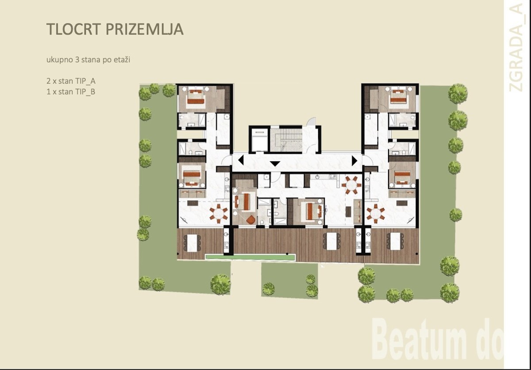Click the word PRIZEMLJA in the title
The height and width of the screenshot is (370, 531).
(145, 29)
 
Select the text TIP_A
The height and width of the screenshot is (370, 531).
(85, 81)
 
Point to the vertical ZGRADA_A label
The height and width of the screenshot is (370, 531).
(516, 47)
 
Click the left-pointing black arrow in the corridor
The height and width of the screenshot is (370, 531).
(241, 160)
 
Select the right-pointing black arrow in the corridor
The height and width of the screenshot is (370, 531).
(354, 160)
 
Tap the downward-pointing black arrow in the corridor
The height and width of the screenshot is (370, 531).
(275, 164)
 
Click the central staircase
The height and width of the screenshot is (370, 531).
(286, 140)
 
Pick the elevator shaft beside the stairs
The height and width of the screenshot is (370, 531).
(259, 140)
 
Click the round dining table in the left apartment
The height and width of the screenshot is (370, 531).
(218, 214)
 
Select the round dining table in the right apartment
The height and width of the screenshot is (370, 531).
(376, 214)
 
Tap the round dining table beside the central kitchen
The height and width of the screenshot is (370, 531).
(351, 185)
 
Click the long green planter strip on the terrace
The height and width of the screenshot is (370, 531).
(250, 256)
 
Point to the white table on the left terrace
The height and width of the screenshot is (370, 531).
(192, 243)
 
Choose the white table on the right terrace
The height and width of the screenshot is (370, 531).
(396, 241)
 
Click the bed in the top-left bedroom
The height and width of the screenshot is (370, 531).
(196, 98)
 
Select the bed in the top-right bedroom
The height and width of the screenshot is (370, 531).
(398, 98)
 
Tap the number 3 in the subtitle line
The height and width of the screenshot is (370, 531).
(77, 60)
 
